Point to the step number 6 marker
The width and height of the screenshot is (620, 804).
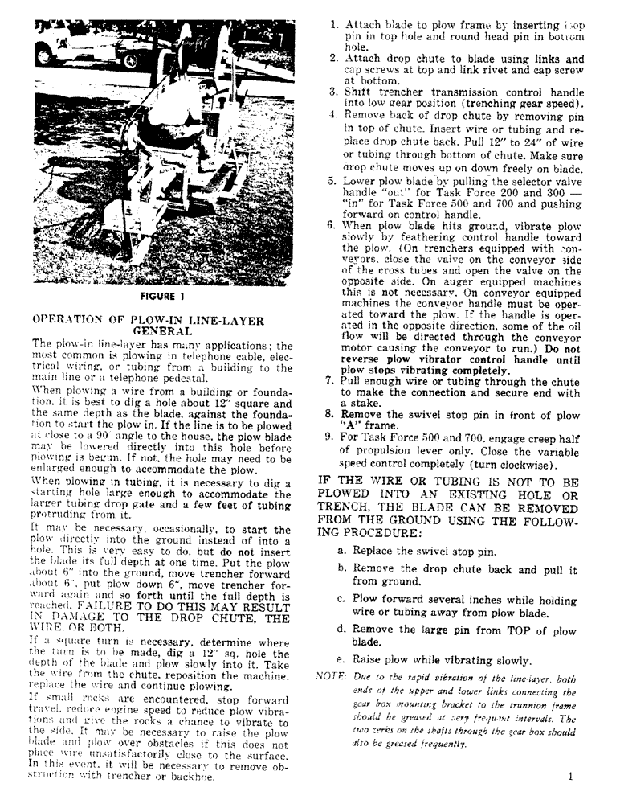[x=330, y=226]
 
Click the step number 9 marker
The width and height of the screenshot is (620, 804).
[x=330, y=437]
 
